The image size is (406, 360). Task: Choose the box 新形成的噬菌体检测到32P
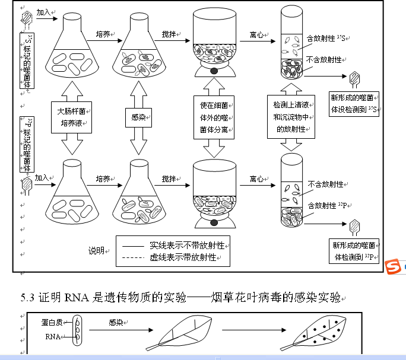point(354,251)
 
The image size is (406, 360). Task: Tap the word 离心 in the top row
point(257,35)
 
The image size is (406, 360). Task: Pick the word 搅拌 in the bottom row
point(170,179)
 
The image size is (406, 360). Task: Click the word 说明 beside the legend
point(97,250)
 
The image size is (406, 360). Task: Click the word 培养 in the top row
point(103,35)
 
